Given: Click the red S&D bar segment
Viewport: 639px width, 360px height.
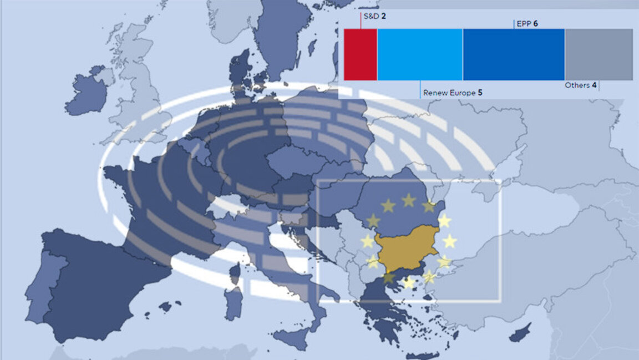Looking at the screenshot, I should [360, 54].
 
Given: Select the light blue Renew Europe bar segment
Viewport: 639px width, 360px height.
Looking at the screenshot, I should [419, 54].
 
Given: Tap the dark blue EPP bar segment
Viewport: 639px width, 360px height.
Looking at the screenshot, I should [514, 54].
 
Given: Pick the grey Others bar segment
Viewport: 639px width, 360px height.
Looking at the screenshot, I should [599, 54].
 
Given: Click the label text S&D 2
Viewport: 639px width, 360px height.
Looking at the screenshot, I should [375, 16].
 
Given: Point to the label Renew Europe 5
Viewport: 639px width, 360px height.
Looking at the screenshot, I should [452, 93].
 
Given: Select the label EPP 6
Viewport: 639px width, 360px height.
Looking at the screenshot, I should [527, 24].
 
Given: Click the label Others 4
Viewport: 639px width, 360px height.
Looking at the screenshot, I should [581, 85].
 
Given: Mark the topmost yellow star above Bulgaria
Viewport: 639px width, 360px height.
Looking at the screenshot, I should [409, 200].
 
